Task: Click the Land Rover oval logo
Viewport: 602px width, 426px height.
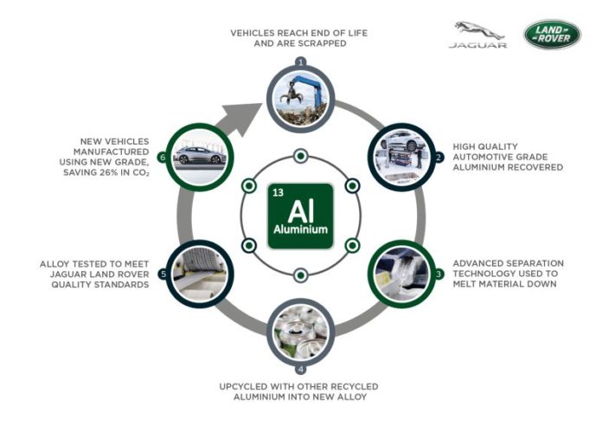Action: tap(551, 35)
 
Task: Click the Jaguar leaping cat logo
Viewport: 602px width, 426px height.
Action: tap(477, 30)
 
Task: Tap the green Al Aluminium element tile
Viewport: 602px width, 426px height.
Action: tap(300, 215)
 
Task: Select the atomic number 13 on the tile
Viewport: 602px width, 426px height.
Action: tap(277, 191)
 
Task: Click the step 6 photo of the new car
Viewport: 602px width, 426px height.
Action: tap(201, 156)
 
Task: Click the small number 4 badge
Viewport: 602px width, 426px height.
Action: tap(301, 369)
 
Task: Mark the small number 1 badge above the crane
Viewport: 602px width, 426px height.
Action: tap(300, 62)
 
